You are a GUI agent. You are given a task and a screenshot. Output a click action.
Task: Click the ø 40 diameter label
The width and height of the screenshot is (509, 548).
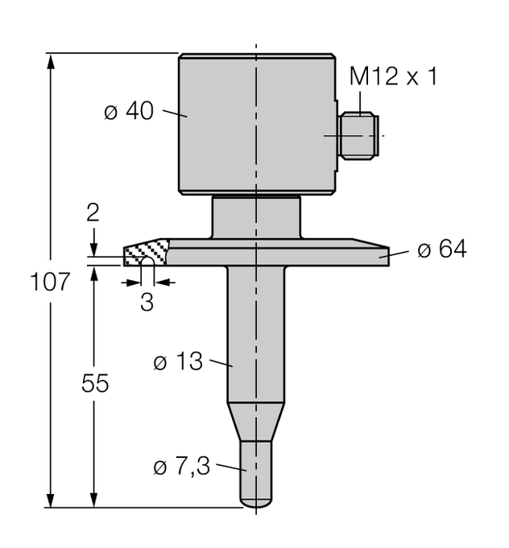pyautogui.click(x=128, y=112)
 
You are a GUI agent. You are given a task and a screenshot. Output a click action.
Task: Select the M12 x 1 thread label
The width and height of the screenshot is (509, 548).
pyautogui.click(x=395, y=77)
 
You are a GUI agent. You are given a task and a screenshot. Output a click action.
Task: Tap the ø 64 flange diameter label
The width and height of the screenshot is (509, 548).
pyautogui.click(x=441, y=250)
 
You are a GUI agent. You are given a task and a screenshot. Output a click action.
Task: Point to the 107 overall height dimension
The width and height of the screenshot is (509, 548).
pyautogui.click(x=50, y=283)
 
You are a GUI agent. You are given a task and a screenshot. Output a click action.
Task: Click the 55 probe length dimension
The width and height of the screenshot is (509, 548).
pyautogui.click(x=95, y=385)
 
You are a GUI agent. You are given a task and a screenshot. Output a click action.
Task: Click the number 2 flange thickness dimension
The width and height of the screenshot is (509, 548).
pyautogui.click(x=93, y=213)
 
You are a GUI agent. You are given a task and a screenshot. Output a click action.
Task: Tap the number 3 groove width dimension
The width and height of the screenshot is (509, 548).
pyautogui.click(x=146, y=303)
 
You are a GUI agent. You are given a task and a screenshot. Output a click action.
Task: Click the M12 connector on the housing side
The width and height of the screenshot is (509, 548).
pyautogui.click(x=358, y=135)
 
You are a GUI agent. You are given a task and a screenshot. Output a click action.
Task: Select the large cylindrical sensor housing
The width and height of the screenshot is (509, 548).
pyautogui.click(x=256, y=125)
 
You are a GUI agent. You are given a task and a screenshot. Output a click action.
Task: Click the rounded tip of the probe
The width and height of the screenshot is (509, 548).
pyautogui.click(x=257, y=501)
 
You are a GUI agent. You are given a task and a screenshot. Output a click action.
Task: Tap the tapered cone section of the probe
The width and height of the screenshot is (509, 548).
pyautogui.click(x=257, y=422)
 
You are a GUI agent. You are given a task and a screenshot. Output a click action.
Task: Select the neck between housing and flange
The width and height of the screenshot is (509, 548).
pyautogui.click(x=256, y=218)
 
